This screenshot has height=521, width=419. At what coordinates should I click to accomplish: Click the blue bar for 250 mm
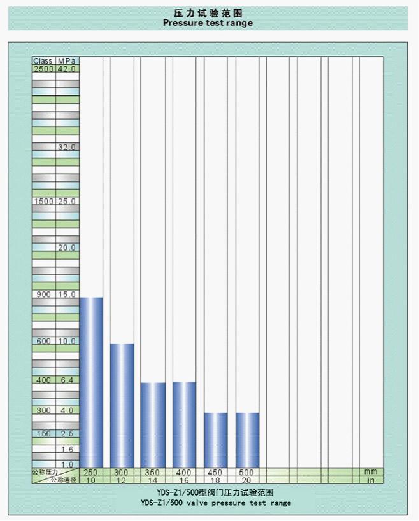click(91, 382)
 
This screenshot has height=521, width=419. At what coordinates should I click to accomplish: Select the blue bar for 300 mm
click(122, 405)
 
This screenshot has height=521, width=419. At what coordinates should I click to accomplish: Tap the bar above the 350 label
click(153, 424)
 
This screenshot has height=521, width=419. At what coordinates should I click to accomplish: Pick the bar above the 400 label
click(184, 424)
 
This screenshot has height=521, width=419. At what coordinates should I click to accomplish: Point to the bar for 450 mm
click(216, 440)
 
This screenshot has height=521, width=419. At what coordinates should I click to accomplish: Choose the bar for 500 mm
click(247, 440)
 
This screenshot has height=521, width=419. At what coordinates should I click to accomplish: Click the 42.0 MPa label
click(67, 69)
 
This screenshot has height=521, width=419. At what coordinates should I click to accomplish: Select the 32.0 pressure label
click(67, 147)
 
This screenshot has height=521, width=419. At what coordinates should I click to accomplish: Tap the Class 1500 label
click(43, 201)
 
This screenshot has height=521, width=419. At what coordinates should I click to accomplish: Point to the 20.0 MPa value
click(67, 247)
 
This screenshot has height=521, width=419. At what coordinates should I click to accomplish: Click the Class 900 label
click(43, 295)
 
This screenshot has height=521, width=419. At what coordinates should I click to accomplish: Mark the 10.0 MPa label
click(67, 342)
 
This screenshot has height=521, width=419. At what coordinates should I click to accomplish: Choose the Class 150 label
click(43, 434)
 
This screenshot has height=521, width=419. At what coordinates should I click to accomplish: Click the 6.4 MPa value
click(67, 380)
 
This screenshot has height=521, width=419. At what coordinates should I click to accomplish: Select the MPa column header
click(67, 61)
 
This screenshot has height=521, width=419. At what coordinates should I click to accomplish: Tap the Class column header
click(43, 61)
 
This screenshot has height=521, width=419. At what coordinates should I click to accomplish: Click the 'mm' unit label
click(371, 473)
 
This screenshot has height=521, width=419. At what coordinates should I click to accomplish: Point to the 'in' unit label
click(371, 480)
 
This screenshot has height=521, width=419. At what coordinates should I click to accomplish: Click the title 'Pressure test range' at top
click(208, 23)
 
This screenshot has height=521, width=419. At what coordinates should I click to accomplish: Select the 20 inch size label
click(246, 480)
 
